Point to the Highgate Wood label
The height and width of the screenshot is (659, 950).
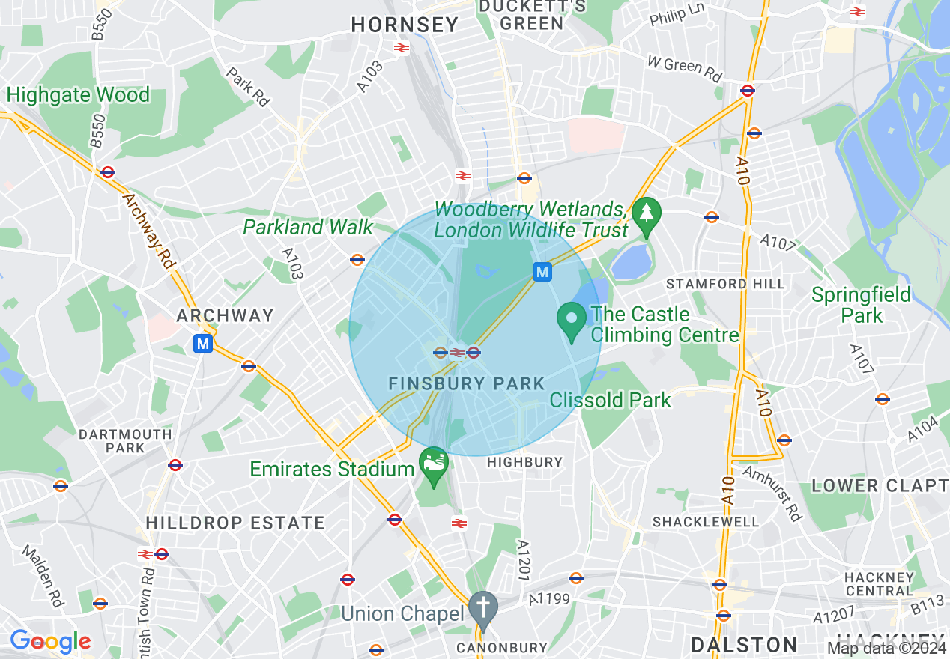point(79,95)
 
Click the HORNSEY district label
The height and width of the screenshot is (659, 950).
point(405,25)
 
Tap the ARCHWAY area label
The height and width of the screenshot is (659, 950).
point(225,315)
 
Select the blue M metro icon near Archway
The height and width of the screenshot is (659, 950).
point(202,344)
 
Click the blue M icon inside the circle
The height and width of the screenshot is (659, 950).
point(542,271)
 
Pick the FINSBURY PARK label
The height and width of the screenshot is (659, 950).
point(467,383)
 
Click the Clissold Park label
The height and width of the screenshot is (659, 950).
point(611,400)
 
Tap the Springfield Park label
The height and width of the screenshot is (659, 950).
point(861,304)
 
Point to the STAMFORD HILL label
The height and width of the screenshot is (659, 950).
point(725,284)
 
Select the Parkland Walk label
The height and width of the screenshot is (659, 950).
point(308,227)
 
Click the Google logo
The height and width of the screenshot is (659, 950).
point(50,641)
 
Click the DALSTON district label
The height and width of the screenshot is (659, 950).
point(744,645)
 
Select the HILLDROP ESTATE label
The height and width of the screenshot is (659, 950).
point(235,523)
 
